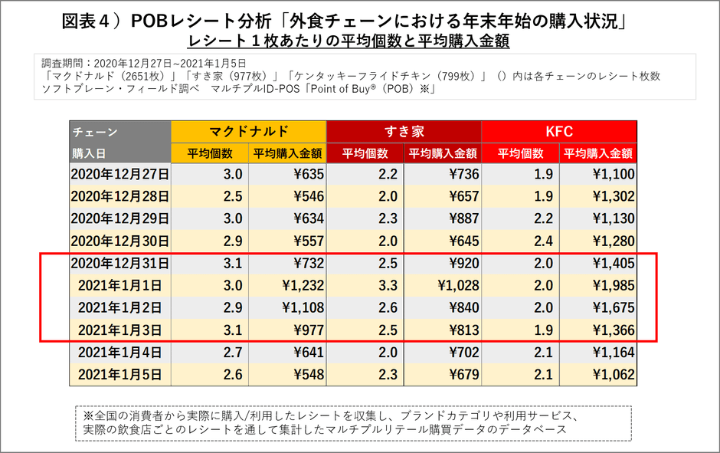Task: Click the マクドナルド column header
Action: click(248, 131)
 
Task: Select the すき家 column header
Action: click(404, 131)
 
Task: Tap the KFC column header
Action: click(559, 131)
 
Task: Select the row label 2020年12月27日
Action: click(119, 175)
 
